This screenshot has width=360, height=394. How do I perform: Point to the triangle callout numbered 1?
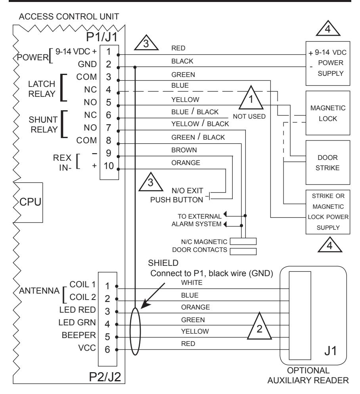click(x=251, y=98)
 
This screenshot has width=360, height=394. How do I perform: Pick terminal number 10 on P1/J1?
click(x=109, y=166)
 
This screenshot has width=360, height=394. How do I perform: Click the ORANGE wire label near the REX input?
click(x=186, y=163)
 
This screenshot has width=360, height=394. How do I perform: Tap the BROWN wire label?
click(x=184, y=150)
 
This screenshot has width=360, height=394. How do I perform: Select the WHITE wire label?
click(x=192, y=283)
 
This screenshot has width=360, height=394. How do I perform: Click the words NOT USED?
click(x=249, y=117)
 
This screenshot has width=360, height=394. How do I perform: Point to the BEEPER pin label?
click(x=79, y=335)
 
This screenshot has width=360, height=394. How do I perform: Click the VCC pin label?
click(x=87, y=348)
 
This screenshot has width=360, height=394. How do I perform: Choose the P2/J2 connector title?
click(x=105, y=377)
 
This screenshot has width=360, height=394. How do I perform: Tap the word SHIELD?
click(x=163, y=263)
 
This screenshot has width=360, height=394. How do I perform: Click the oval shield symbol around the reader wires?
click(x=130, y=331)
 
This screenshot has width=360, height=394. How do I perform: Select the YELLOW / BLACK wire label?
click(x=200, y=124)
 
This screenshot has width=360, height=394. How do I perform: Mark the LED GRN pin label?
click(x=77, y=323)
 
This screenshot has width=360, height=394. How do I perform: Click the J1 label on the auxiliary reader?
click(x=330, y=351)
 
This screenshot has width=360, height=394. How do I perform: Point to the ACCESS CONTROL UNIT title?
click(x=69, y=17)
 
